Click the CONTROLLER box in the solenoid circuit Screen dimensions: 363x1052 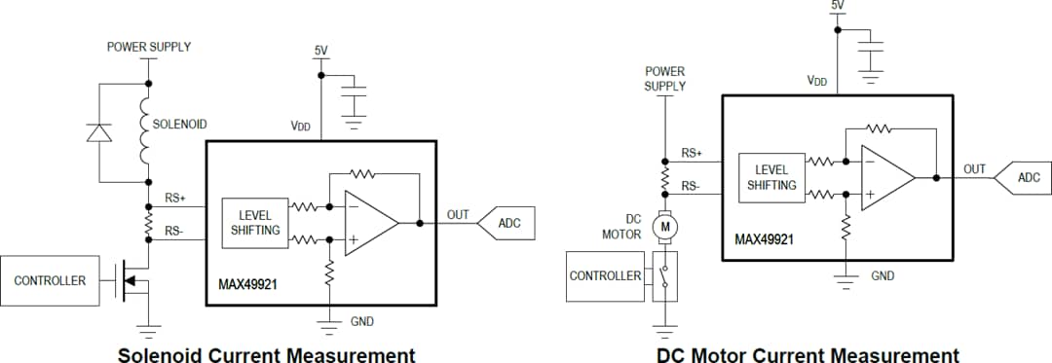pyautogui.click(x=50, y=280)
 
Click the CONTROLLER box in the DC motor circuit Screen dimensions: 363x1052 pyautogui.click(x=605, y=275)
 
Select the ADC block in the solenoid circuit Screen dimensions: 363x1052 pyautogui.click(x=507, y=223)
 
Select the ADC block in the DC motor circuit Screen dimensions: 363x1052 pyautogui.click(x=1026, y=177)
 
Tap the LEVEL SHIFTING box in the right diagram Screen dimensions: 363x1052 pyautogui.click(x=771, y=178)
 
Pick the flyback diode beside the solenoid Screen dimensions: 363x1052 pyautogui.click(x=99, y=132)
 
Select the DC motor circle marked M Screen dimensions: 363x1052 pyautogui.click(x=665, y=226)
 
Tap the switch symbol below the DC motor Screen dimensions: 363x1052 pyautogui.click(x=665, y=275)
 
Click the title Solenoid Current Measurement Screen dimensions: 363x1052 pyautogui.click(x=266, y=354)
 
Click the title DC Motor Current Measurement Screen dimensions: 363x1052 pyautogui.click(x=808, y=354)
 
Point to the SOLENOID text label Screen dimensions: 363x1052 pyautogui.click(x=179, y=125)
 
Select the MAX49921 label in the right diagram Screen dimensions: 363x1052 pyautogui.click(x=764, y=239)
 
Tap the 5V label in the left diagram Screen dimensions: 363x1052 pyautogui.click(x=320, y=50)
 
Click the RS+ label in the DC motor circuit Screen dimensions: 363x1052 pyautogui.click(x=692, y=153)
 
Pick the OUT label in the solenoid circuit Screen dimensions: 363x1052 pyautogui.click(x=458, y=214)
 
